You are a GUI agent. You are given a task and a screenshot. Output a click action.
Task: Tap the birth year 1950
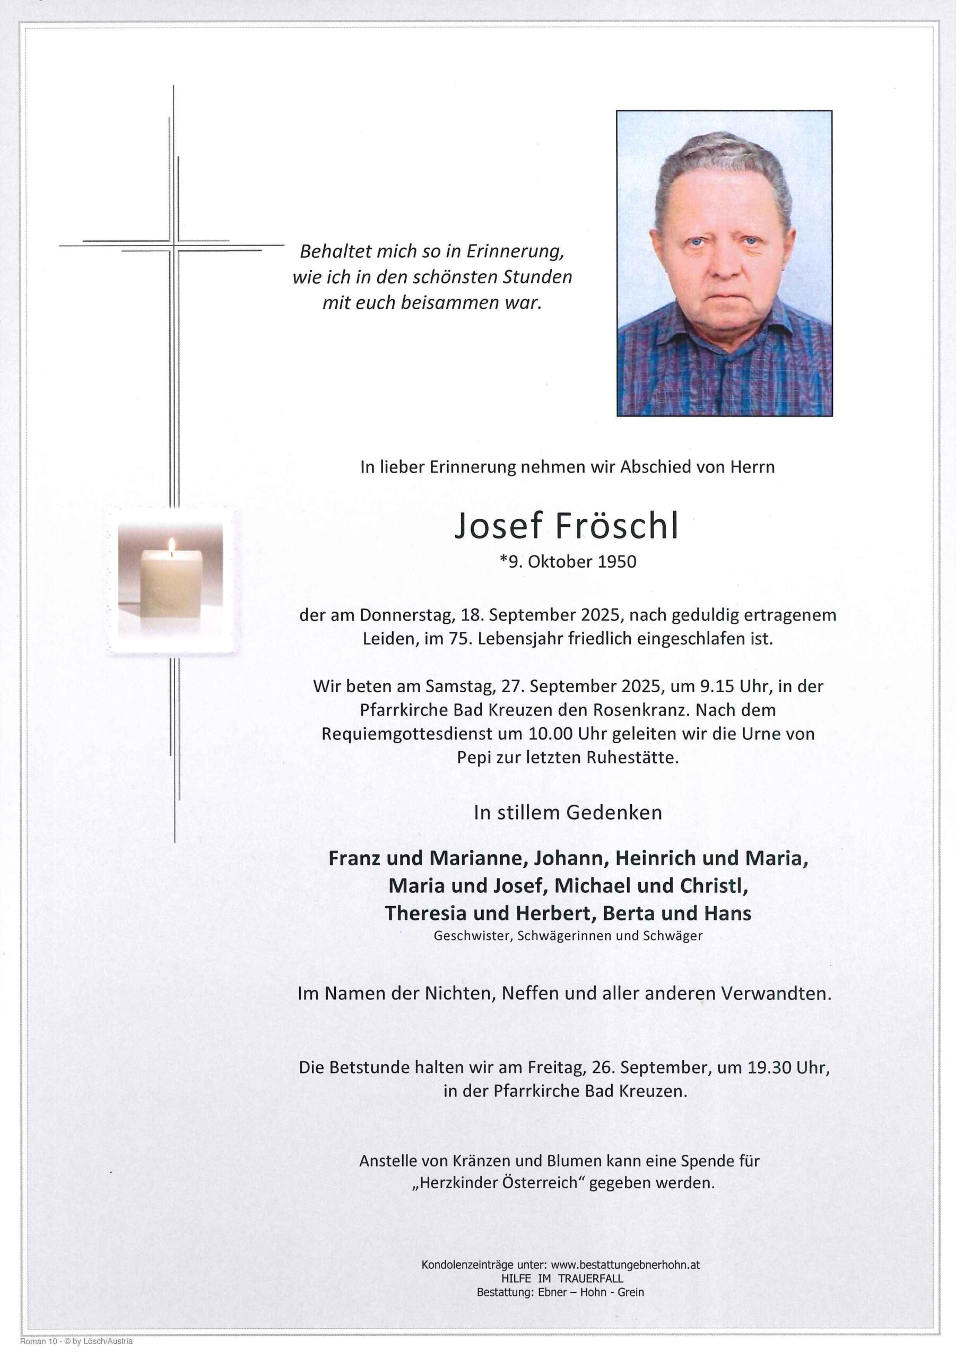coord(616,561)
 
